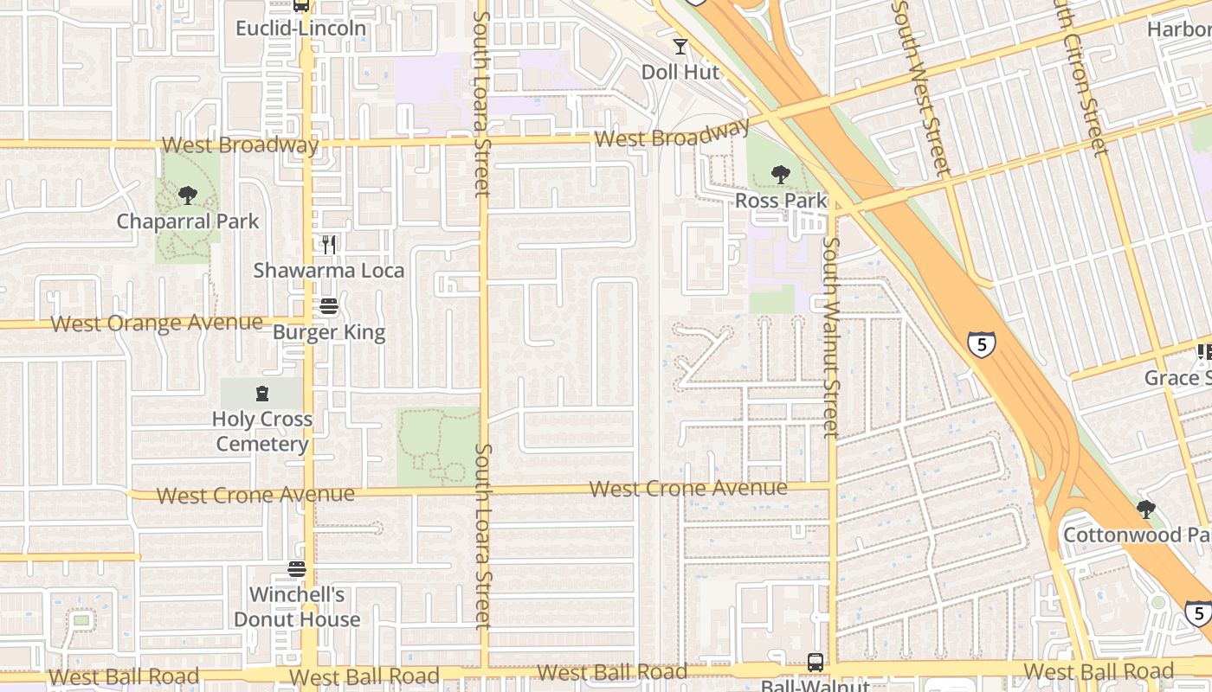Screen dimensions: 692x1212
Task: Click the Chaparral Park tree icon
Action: (187, 195)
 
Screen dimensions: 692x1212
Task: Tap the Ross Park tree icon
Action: (781, 175)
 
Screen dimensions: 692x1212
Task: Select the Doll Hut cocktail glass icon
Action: (680, 46)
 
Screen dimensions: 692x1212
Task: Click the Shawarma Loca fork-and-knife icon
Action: (328, 245)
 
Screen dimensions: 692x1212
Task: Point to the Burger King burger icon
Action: (328, 306)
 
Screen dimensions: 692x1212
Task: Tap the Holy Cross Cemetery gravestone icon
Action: (261, 394)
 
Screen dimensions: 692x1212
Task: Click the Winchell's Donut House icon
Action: (297, 569)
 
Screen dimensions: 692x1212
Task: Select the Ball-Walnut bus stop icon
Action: (816, 662)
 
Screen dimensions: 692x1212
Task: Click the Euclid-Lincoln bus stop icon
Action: (301, 5)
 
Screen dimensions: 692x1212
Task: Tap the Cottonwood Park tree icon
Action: (1146, 509)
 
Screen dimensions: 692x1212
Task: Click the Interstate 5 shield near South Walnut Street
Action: (982, 344)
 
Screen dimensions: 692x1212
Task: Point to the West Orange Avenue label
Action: (157, 324)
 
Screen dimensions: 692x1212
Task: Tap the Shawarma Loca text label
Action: (328, 271)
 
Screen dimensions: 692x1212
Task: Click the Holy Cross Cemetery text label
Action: (261, 432)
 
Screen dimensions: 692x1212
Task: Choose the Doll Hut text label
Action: (680, 72)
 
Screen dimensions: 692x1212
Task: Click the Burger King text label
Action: (328, 332)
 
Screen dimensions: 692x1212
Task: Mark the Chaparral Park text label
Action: (188, 221)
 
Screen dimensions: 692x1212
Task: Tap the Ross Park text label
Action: (781, 201)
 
